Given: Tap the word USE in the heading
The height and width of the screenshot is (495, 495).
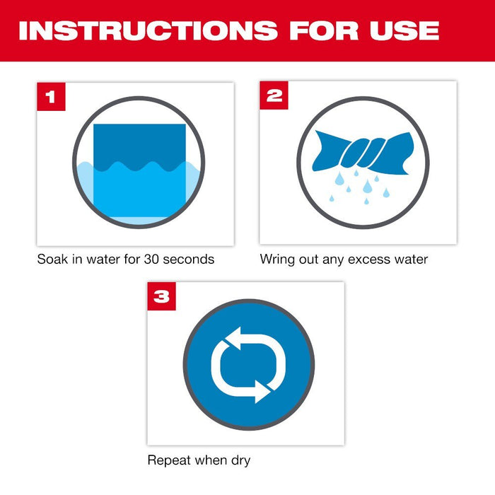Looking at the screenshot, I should pos(401,30).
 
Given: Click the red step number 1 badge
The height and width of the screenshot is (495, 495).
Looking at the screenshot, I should pos(49,95).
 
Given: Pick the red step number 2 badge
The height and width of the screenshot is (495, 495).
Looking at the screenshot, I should pos(273,95).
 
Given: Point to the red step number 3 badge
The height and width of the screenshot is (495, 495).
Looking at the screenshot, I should pos(161,296).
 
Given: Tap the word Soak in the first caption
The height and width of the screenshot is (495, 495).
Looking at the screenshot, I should pos(52,260).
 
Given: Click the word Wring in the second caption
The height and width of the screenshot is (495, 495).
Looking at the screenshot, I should pos(277,260).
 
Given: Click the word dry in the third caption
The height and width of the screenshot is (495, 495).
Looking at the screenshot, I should pos(238,460).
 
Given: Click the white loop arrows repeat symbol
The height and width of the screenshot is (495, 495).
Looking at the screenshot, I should pos(248,364).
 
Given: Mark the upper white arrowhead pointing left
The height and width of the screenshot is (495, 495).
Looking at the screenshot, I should pos(226,338).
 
